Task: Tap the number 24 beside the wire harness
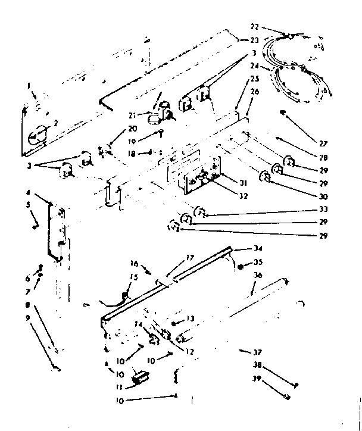[254, 66]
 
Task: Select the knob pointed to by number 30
[264, 176]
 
